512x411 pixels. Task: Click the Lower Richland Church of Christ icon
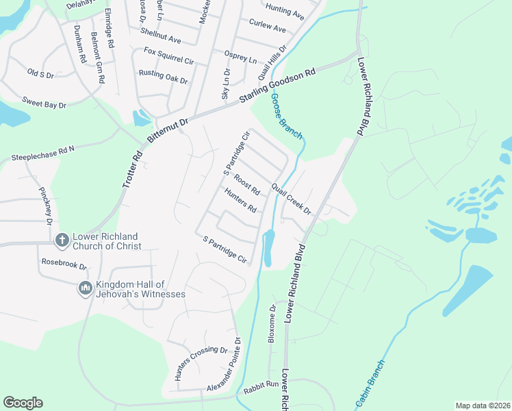tap(62, 240)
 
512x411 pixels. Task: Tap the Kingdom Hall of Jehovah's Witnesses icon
tap(86, 288)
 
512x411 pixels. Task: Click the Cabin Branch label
tap(370, 383)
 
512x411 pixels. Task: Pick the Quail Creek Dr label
tap(291, 199)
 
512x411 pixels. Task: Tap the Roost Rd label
tap(246, 184)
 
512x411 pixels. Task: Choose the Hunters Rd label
tap(240, 200)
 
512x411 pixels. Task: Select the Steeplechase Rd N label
tap(42, 153)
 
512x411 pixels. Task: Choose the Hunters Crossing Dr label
tap(201, 363)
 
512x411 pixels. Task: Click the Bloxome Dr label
tap(272, 323)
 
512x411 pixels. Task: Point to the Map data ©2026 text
tap(483, 406)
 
